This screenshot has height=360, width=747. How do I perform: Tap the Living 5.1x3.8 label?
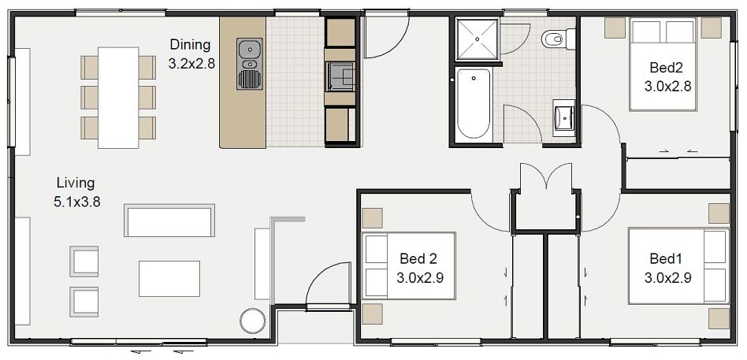click(76, 191)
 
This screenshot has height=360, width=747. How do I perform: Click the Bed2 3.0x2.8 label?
click(667, 77)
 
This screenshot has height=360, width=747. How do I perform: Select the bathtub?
click(474, 103)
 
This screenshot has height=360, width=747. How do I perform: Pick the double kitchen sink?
click(250, 54)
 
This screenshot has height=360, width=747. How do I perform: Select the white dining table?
click(118, 97)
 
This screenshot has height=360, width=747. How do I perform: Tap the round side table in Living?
click(254, 321)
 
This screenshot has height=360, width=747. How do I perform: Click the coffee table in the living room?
click(169, 277)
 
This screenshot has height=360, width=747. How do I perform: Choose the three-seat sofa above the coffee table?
click(169, 221)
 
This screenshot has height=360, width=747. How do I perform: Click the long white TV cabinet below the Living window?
click(22, 272)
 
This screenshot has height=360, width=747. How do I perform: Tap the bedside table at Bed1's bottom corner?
click(718, 318)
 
